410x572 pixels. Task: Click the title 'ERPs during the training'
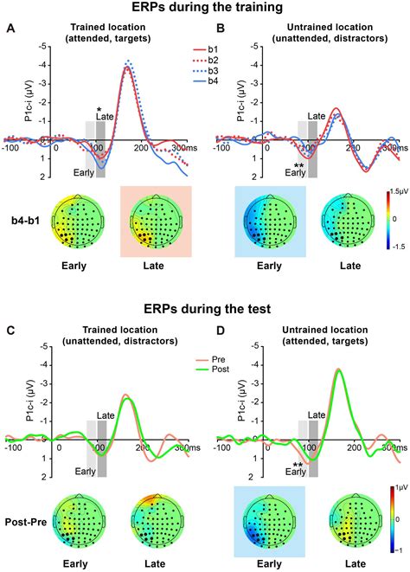pyautogui.click(x=205, y=9)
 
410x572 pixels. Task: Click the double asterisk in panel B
pyautogui.click(x=298, y=164)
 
